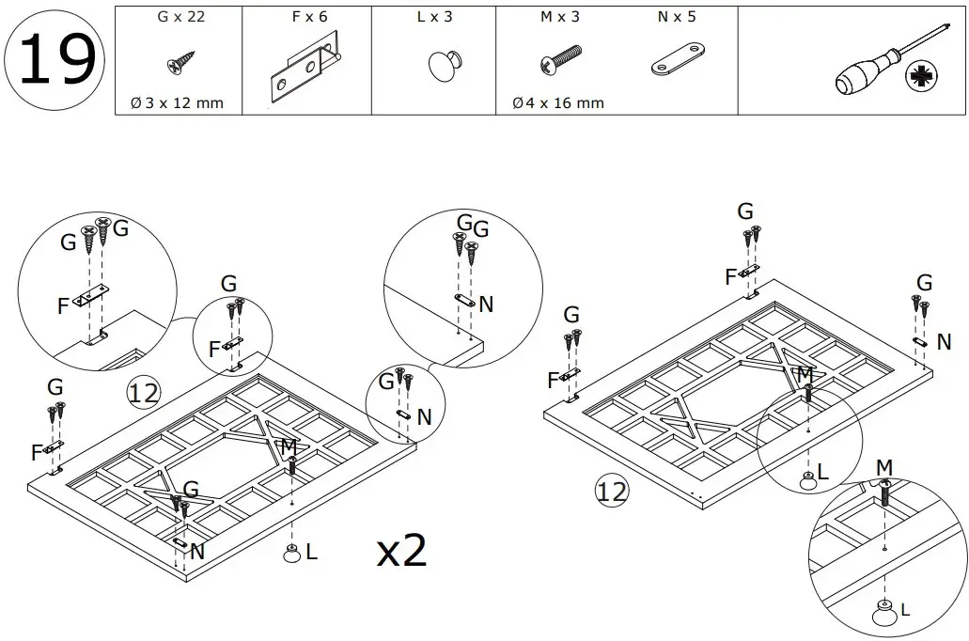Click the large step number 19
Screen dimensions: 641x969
click(55, 58)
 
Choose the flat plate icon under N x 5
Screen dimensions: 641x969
click(678, 60)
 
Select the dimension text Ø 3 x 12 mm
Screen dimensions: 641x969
click(178, 102)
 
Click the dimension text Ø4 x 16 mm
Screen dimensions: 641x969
click(558, 102)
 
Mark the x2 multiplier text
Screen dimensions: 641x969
click(402, 552)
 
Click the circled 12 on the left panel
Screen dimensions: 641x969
click(143, 392)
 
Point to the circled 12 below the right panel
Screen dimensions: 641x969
click(611, 490)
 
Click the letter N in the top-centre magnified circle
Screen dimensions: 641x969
click(486, 304)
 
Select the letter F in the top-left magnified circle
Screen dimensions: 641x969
click(62, 305)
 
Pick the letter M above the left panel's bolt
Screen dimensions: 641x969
click(289, 445)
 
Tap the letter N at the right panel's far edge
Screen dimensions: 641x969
click(945, 341)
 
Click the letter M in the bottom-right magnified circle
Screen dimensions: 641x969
click(884, 467)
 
